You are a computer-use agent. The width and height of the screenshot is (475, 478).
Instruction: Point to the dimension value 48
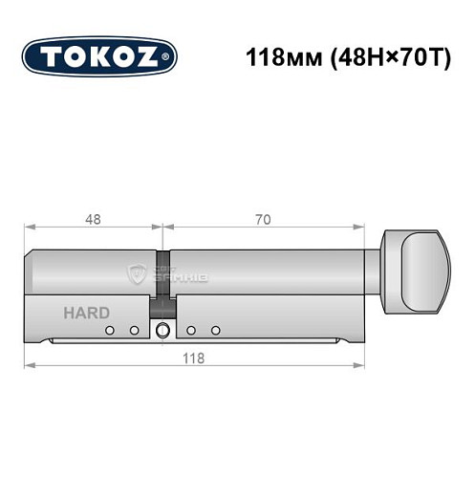(x=94, y=219)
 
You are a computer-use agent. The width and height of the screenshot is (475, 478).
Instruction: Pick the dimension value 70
(x=263, y=219)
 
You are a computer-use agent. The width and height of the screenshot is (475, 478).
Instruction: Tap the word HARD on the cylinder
(x=86, y=312)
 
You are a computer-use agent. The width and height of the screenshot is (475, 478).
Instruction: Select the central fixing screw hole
(x=163, y=331)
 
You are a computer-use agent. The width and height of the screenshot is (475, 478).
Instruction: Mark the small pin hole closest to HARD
(x=110, y=331)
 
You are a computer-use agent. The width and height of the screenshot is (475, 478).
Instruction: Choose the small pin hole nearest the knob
(x=216, y=331)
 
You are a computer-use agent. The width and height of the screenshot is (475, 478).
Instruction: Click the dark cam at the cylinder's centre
(x=164, y=278)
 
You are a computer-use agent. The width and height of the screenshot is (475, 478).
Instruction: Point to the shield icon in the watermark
(x=136, y=275)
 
